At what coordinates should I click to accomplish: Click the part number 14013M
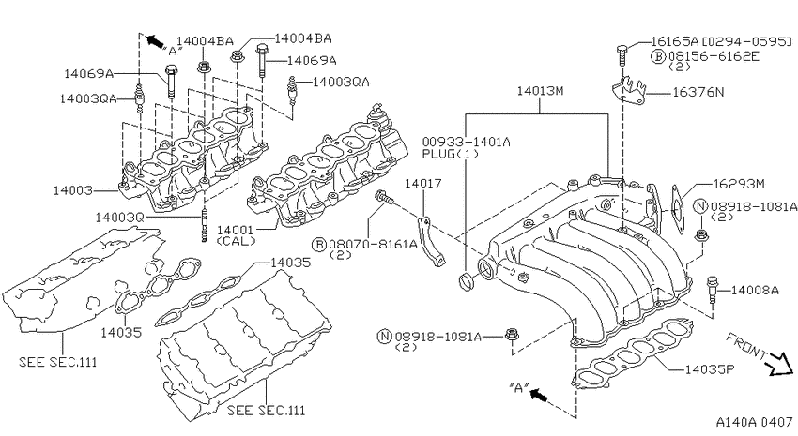click(540, 91)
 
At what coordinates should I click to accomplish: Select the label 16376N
click(698, 93)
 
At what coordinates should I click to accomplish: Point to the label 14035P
click(710, 369)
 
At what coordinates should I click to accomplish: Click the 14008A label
click(755, 290)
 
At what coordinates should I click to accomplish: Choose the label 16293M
click(739, 184)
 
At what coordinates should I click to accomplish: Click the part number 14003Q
click(119, 218)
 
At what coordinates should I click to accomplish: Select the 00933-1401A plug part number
click(466, 142)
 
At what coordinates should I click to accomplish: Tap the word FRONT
click(746, 346)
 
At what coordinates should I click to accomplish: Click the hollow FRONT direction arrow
click(780, 364)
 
